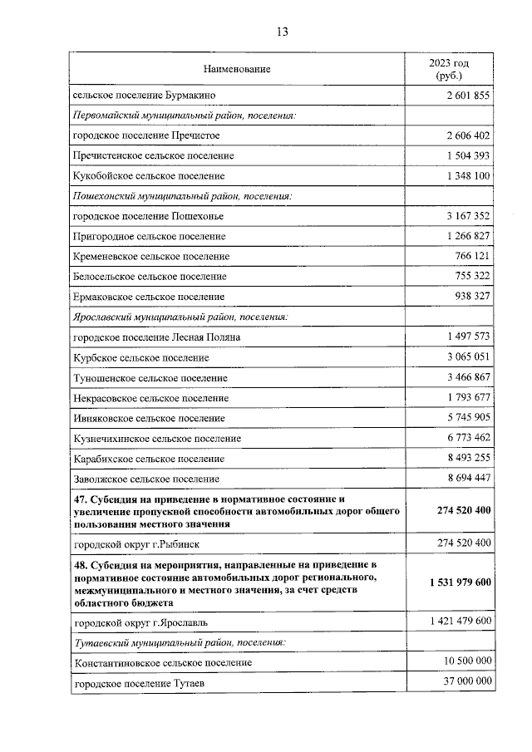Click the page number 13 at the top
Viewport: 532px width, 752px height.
point(282,32)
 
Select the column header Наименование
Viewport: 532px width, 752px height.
point(237,69)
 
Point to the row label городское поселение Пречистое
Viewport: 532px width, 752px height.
point(146,135)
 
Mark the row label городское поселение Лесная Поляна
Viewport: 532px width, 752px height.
point(157,337)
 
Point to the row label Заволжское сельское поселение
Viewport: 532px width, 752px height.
point(146,479)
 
